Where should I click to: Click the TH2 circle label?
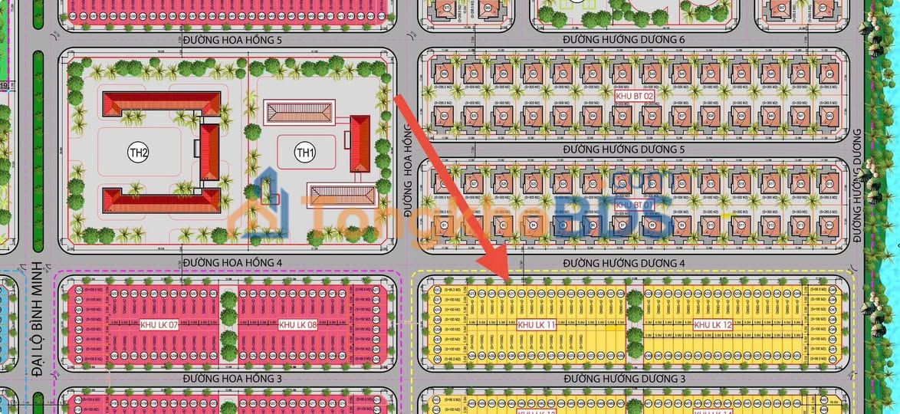point(138,153)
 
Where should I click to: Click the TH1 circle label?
point(305,153)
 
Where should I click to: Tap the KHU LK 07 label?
point(159,325)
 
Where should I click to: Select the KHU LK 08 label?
point(298,325)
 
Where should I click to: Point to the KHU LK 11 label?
point(536,325)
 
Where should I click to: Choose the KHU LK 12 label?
point(713,325)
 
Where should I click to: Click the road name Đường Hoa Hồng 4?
point(233,263)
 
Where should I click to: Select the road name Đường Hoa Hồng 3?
point(233,379)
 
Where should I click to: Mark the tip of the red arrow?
point(507,278)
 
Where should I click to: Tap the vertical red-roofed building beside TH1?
point(360,143)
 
